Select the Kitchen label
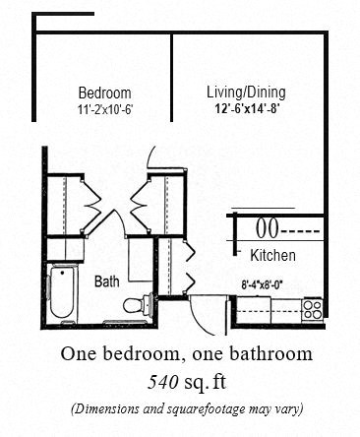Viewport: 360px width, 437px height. (x=273, y=256)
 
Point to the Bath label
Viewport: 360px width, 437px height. (x=107, y=281)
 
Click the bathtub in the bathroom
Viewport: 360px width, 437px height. (x=63, y=292)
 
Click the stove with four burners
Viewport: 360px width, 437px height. (x=313, y=308)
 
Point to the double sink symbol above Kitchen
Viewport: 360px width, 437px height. (x=266, y=229)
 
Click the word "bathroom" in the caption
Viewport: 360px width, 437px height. (x=270, y=353)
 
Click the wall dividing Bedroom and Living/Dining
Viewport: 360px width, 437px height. (x=174, y=98)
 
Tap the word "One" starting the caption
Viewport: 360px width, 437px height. (x=78, y=353)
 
